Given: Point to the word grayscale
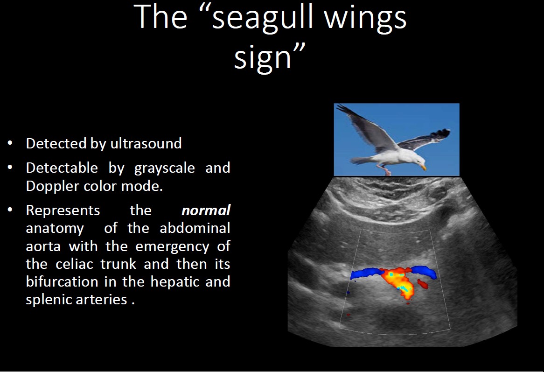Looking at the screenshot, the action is [164, 168].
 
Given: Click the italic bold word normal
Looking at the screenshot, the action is [206, 211].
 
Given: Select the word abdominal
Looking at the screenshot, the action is [195, 228].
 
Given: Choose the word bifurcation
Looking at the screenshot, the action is [62, 281].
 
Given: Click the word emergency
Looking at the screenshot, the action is [173, 247].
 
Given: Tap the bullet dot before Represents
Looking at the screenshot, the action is [10, 210].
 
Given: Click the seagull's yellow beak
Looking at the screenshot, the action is [423, 168].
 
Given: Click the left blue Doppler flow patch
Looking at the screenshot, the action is [365, 273].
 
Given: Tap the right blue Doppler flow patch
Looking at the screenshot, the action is [424, 271].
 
